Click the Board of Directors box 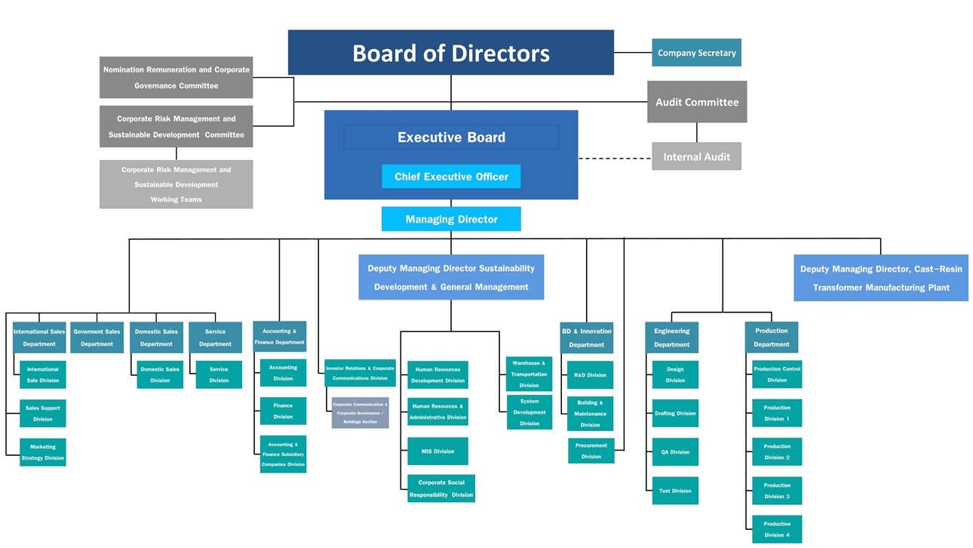point(450,53)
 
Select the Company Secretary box point(696,53)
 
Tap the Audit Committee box point(696,102)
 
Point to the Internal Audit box point(696,157)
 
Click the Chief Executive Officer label point(451,177)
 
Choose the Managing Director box point(451,220)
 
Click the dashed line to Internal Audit point(615,159)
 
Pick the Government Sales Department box point(97,337)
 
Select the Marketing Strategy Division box point(43,452)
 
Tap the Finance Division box point(283,411)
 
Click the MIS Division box point(437,451)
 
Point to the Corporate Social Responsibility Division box point(441,488)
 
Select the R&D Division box point(590,375)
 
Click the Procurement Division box point(591,451)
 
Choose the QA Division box point(675,452)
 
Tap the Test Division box point(675,491)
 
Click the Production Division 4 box point(777,529)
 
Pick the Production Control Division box point(777,374)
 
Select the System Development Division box point(529,412)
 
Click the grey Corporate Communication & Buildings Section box point(361,413)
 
